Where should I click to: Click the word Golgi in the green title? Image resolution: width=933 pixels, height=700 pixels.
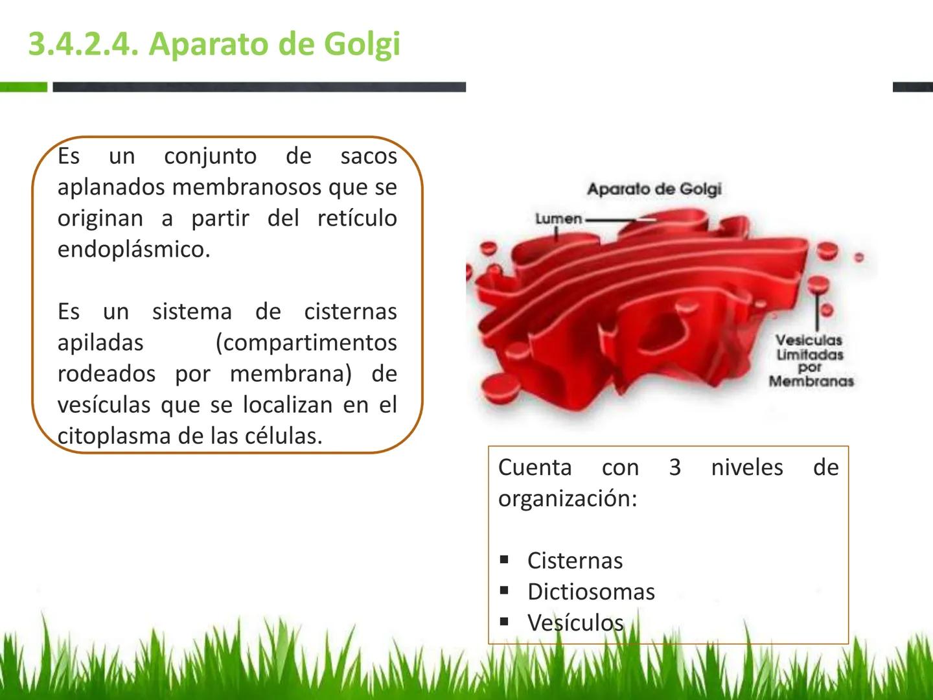(362, 45)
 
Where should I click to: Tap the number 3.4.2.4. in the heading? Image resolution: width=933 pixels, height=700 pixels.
(84, 44)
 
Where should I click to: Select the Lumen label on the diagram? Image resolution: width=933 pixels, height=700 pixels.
(559, 219)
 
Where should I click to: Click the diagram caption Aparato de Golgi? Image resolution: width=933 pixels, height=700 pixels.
(654, 189)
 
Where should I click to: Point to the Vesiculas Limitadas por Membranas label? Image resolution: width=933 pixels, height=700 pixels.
(811, 360)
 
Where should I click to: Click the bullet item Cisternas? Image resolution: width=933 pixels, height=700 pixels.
(575, 560)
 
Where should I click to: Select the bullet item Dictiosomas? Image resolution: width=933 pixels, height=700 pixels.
(592, 591)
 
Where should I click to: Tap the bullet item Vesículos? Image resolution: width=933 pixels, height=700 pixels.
(575, 622)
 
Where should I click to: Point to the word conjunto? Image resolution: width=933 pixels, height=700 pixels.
(211, 156)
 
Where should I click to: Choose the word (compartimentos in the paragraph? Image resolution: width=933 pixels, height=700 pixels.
(306, 344)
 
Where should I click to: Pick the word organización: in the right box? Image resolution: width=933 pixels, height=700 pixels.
(568, 498)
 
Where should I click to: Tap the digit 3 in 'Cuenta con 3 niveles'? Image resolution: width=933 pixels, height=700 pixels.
(675, 467)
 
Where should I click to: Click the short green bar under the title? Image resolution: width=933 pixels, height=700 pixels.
(23, 87)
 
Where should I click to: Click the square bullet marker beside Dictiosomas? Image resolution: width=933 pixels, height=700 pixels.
(504, 590)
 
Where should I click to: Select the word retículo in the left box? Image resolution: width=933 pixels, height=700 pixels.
(357, 218)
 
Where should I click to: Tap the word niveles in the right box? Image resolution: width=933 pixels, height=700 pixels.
(747, 467)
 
